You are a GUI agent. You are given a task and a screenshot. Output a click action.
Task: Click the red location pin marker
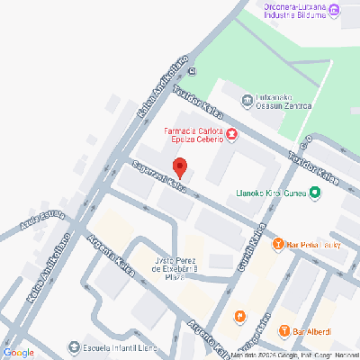tap(179, 167)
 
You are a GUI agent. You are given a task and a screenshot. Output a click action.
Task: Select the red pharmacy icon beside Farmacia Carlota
tap(232, 135)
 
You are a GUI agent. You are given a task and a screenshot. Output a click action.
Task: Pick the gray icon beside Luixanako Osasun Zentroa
tap(247, 100)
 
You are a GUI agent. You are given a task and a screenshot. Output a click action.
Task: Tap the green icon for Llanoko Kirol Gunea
tap(314, 192)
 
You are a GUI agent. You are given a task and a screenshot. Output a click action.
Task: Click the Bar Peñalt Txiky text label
tap(314, 244)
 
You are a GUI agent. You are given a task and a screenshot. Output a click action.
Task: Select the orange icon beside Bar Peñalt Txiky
tap(279, 243)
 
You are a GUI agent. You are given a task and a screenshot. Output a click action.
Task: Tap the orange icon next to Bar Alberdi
tap(284, 330)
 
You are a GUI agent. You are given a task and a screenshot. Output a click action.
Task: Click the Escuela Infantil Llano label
tap(121, 347)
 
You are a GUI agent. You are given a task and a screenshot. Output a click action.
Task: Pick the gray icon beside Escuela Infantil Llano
tap(74, 347)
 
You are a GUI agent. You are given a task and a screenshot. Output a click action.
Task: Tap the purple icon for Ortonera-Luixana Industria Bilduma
tap(336, 10)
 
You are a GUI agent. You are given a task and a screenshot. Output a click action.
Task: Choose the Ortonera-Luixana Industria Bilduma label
tap(295, 10)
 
